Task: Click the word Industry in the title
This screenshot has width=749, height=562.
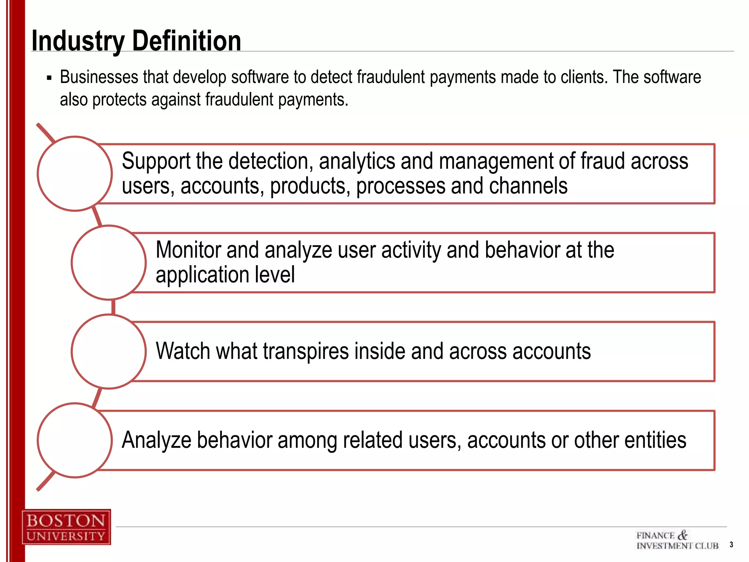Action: coord(78,41)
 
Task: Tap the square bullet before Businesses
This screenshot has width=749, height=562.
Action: coord(49,78)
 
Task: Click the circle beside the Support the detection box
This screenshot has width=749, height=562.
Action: coord(75,174)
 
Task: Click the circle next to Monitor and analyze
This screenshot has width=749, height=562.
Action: coord(109,263)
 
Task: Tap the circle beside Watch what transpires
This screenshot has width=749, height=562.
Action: coord(109,352)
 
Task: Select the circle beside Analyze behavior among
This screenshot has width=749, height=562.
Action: coord(75,441)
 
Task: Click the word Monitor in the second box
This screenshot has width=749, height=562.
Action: coord(188,250)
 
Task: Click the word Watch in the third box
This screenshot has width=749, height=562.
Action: coord(183,351)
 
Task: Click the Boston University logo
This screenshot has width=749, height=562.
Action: coord(66,527)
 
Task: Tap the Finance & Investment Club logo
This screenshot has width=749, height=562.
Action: coord(677,540)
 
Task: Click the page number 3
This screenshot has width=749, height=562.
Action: coord(731,544)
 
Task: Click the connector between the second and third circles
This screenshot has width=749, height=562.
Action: coord(113,307)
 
